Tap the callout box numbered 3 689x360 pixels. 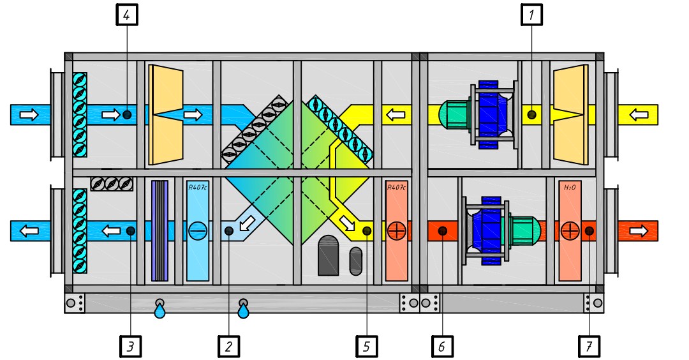point(130,347)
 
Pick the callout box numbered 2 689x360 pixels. point(228,347)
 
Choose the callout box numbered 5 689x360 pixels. point(366,347)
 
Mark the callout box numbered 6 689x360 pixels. point(441,347)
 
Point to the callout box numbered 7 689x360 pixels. point(589,347)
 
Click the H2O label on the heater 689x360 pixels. point(570,188)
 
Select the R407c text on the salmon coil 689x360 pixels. point(396,188)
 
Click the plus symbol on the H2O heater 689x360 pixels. point(570,230)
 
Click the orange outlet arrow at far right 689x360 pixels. point(639,230)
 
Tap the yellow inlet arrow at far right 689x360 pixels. point(639,115)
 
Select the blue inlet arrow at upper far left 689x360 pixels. point(29,115)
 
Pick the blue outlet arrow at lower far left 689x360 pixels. point(29,230)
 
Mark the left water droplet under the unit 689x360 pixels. point(159,311)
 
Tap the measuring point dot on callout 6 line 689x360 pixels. point(441,230)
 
